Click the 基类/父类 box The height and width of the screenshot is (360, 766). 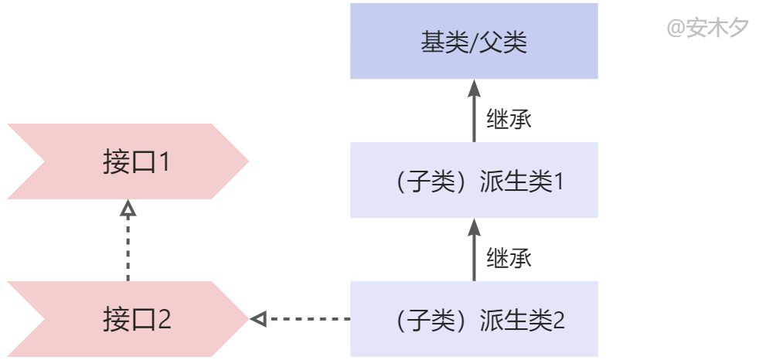474,41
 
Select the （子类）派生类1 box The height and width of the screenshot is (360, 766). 474,180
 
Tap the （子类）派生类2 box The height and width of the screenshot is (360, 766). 474,319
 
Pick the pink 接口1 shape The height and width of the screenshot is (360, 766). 128,161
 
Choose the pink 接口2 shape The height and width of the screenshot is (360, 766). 128,319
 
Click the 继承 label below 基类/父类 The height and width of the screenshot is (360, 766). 509,119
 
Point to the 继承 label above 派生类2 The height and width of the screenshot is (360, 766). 509,257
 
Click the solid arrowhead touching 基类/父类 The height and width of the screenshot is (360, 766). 474,88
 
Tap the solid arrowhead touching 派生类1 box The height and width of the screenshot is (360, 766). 474,227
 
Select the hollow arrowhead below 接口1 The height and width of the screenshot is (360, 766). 128,208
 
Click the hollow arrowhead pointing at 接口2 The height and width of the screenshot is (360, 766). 258,319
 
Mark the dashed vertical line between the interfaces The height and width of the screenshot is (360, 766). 128,249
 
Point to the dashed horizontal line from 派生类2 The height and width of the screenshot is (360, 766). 308,319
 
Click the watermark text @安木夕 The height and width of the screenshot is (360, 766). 707,28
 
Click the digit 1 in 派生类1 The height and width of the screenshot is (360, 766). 558,182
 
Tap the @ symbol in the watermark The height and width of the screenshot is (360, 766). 676,29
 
